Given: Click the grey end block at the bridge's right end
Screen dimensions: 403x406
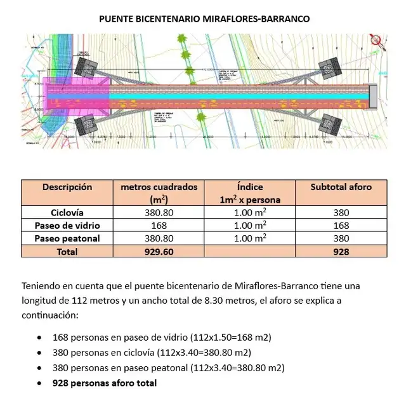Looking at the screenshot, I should (x=372, y=94).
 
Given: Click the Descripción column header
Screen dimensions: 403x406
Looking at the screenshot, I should (x=67, y=187).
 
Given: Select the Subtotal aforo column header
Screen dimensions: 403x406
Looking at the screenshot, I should (x=341, y=187).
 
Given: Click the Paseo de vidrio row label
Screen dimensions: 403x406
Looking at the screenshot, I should (x=67, y=226).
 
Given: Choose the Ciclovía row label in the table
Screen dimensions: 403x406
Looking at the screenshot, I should (x=67, y=213).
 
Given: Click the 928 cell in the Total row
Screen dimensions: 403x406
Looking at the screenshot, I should (x=341, y=252).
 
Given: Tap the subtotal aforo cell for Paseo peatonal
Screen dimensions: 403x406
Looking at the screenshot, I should (x=341, y=238).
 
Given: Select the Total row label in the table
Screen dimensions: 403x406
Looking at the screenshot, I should (x=67, y=252).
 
